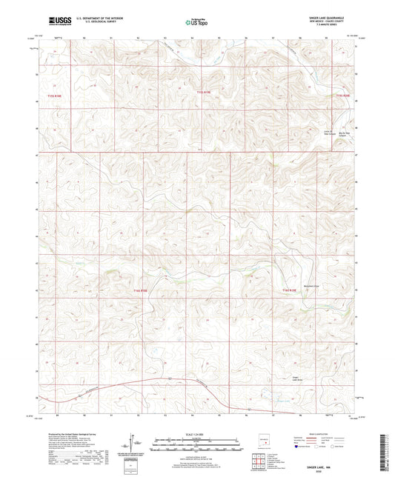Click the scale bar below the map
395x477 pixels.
(x=196, y=442)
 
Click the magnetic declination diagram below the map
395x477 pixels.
(x=135, y=444)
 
